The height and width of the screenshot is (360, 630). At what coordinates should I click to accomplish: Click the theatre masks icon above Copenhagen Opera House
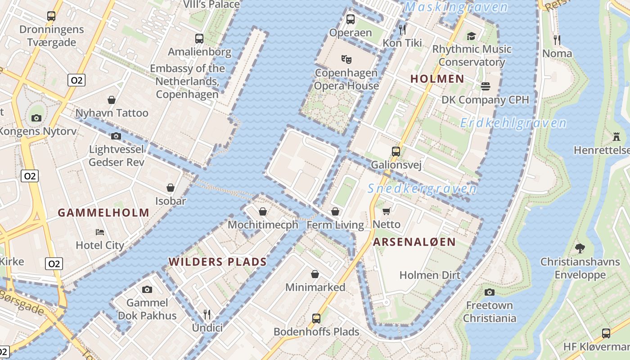[x=346, y=59]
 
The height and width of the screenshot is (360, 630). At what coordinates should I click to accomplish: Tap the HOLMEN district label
[x=437, y=79]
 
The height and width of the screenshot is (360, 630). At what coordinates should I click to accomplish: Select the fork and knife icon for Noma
[x=557, y=40]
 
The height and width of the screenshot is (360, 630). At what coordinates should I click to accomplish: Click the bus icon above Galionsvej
[x=396, y=151]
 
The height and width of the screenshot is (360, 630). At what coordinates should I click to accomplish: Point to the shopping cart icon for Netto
[x=386, y=211]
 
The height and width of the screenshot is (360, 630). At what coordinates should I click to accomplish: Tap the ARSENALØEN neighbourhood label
[x=414, y=242]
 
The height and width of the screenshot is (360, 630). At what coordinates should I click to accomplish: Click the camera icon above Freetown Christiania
[x=490, y=292]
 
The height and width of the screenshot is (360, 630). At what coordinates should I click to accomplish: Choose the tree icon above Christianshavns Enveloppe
[x=580, y=248]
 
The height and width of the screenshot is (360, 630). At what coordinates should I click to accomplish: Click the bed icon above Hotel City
[x=100, y=232]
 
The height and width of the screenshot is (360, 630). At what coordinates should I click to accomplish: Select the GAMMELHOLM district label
[x=103, y=213]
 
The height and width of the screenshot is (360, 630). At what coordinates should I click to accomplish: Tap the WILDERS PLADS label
[x=217, y=262]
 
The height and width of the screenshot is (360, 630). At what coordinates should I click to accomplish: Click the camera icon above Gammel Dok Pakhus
[x=147, y=289]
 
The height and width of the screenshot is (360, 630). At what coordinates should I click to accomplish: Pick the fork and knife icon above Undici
[x=207, y=314]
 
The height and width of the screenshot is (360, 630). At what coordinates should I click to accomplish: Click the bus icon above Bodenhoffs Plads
[x=316, y=319]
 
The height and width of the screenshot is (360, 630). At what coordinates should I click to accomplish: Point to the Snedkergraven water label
[x=422, y=189]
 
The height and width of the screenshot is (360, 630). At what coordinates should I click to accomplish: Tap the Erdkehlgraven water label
[x=513, y=123]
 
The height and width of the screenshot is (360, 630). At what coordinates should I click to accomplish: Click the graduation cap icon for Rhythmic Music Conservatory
[x=471, y=36]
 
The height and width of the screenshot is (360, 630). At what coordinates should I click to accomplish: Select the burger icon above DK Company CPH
[x=485, y=86]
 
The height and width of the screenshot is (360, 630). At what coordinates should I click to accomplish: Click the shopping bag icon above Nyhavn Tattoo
[x=112, y=99]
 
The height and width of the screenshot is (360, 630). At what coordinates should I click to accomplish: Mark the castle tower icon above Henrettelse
[x=616, y=136]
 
